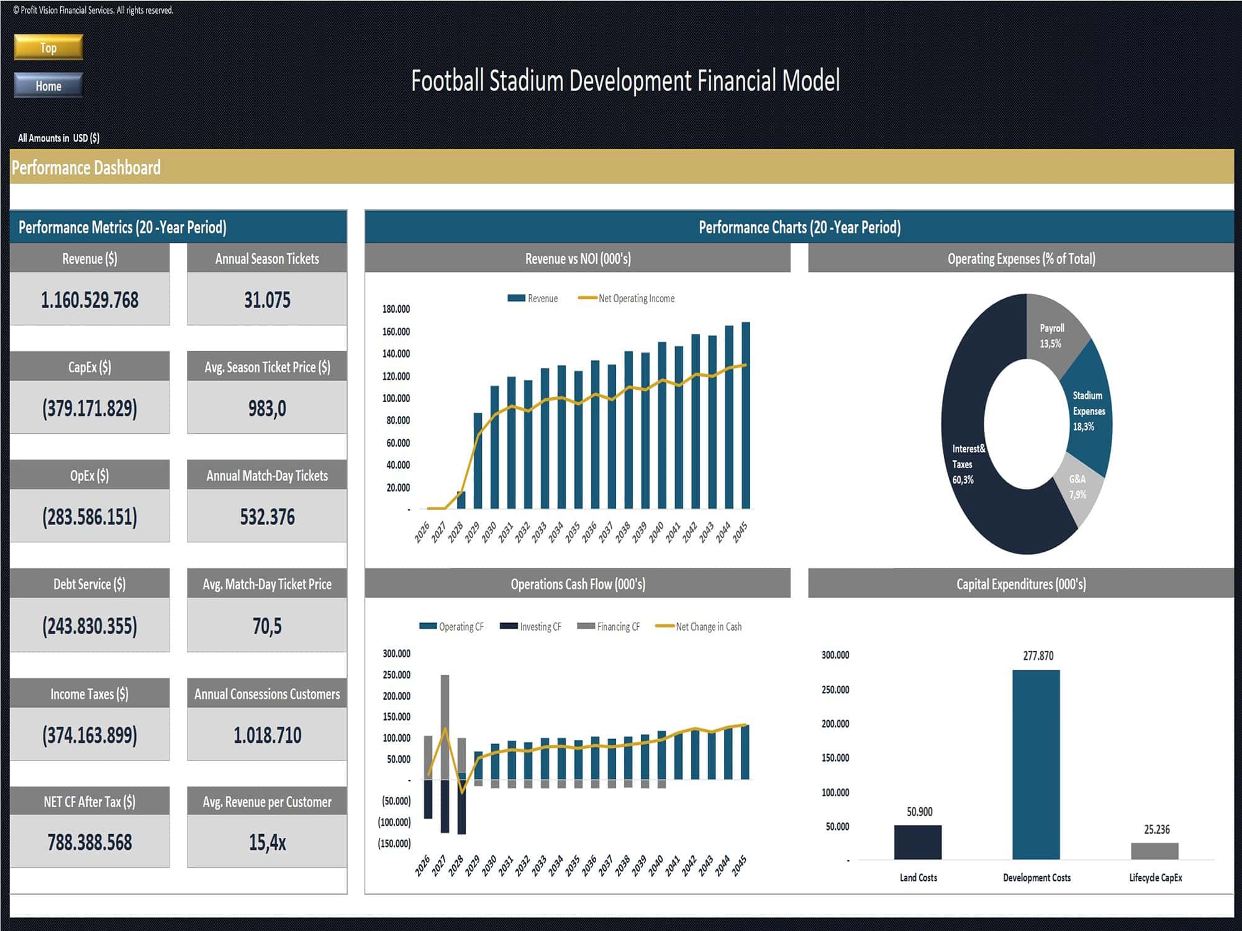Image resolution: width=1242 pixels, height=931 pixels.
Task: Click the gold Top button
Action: point(48,48)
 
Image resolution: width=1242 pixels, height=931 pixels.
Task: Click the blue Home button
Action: point(48,86)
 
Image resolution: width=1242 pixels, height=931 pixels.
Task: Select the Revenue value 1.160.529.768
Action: point(89,300)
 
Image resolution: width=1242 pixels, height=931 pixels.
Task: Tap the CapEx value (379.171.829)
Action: point(89,408)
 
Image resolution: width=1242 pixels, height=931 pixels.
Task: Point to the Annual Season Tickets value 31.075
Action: point(267,300)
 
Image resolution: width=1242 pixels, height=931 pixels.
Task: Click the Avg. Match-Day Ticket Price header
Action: point(267,584)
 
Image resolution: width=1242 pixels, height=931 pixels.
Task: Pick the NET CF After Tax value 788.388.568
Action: point(89,842)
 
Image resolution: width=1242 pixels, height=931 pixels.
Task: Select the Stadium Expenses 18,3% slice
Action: point(1087,410)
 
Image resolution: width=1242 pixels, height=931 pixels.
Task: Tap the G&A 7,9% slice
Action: point(1078,487)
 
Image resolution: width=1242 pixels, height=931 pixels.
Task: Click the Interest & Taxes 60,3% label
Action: point(966,464)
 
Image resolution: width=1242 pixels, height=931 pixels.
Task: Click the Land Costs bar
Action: point(918,842)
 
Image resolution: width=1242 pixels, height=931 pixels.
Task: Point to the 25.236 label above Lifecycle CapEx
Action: point(1156,830)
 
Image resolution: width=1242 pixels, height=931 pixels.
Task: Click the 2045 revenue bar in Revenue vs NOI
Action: point(746,416)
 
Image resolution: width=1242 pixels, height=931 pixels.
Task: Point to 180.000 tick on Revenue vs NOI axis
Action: point(396,309)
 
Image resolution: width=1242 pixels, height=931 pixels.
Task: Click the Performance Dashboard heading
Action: point(86,168)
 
